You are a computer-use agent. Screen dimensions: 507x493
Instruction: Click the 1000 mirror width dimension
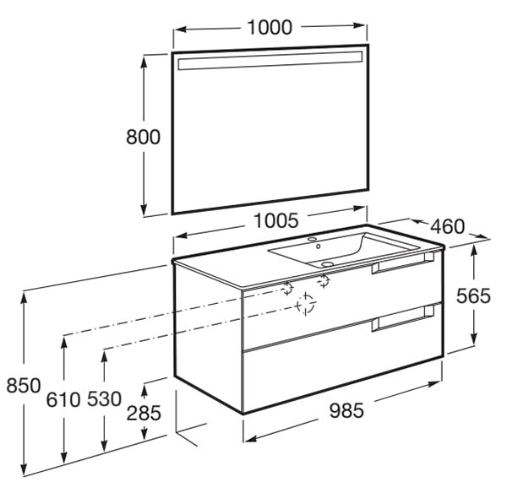(270, 28)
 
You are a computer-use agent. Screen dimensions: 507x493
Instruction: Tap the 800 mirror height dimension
(144, 137)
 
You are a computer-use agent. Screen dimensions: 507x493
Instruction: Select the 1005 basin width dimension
(275, 221)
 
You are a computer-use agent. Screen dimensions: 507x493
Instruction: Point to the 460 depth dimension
(448, 226)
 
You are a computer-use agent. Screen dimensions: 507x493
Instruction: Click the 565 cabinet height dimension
(473, 296)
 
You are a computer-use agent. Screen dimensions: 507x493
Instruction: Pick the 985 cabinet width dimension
(346, 411)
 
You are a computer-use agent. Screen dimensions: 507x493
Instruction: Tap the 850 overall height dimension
(24, 386)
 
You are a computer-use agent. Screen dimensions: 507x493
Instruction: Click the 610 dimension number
(63, 399)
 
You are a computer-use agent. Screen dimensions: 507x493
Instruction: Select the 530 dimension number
(104, 399)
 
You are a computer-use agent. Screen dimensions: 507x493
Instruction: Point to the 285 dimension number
(144, 413)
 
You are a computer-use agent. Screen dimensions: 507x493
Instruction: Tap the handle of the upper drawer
(402, 263)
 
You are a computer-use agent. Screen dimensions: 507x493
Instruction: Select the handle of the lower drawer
(402, 318)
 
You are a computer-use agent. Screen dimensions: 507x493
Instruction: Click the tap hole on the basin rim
(313, 240)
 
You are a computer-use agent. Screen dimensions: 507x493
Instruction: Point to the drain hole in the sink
(327, 264)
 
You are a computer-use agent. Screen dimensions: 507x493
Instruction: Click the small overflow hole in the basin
(319, 246)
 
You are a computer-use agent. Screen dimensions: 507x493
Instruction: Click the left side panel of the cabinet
(208, 338)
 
